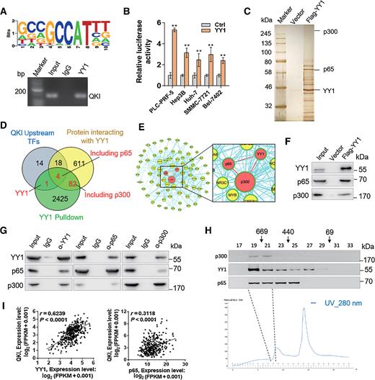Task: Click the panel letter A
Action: pyautogui.click(x=5, y=6)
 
